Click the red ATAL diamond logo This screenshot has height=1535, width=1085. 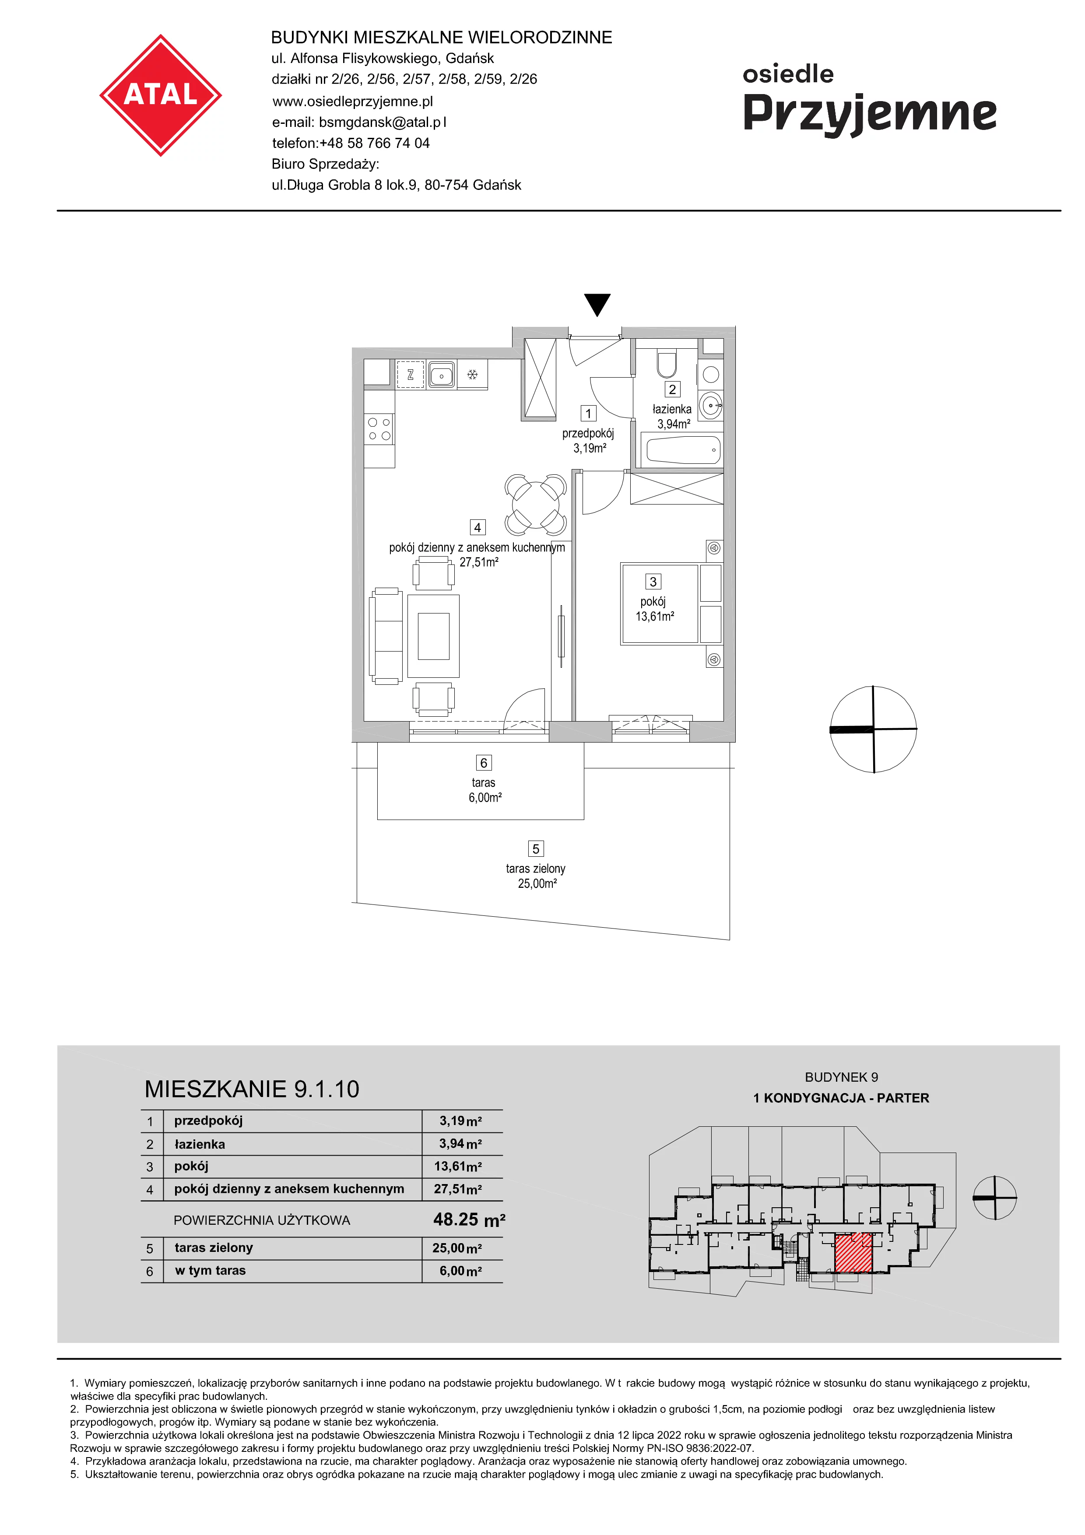(x=161, y=95)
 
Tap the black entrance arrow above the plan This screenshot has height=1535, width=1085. (x=597, y=304)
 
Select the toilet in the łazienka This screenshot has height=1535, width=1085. (x=667, y=363)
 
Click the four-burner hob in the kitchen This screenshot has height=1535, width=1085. (x=379, y=429)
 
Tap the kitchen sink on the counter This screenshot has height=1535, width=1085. (x=441, y=375)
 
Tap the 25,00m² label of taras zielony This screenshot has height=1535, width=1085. (x=537, y=884)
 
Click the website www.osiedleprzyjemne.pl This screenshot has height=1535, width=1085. (x=352, y=101)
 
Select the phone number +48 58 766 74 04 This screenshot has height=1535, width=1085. (x=374, y=143)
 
